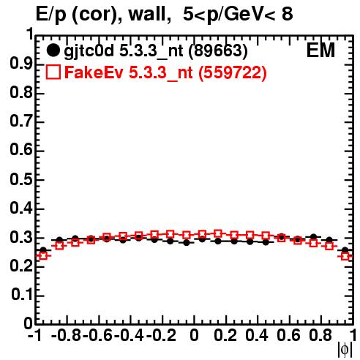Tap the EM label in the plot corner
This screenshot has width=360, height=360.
pos(320,50)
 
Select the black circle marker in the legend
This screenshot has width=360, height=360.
pos(53,50)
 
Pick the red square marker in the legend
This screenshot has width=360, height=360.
pos(53,72)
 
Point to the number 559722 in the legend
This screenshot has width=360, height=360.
pos(233,72)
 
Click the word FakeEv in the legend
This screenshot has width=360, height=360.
pos(94,72)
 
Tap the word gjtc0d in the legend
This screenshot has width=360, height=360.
pos(89,51)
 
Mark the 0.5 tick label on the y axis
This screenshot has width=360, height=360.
pos(21,180)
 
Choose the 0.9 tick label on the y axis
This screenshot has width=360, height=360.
pos(21,64)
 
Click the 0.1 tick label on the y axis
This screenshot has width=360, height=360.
pos(22,295)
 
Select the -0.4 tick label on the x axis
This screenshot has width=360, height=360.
pos(129,335)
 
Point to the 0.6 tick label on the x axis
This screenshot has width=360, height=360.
pos(288,335)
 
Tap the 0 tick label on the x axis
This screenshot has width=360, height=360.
pos(194,335)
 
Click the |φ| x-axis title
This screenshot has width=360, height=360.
pos(345,350)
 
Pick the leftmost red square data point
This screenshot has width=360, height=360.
pos(43,256)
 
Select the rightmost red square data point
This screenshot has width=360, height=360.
pos(345,256)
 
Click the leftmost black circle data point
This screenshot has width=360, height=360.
pos(43,250)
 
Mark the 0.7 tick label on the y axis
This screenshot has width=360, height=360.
pos(21,121)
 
